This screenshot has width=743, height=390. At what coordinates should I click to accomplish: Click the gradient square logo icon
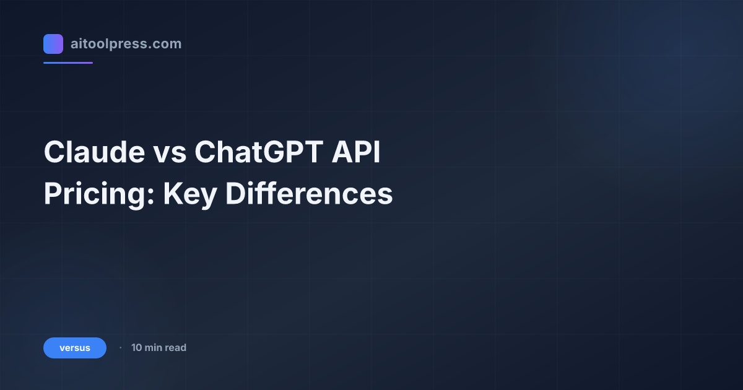(x=53, y=44)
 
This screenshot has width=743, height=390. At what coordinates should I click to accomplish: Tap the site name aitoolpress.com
(x=126, y=44)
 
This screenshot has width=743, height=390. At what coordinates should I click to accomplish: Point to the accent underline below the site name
(x=68, y=63)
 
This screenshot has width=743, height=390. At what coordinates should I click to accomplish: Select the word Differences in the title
(x=308, y=194)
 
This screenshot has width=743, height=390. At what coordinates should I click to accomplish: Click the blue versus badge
(x=75, y=348)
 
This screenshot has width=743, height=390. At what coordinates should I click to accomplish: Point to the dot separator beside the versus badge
(x=120, y=348)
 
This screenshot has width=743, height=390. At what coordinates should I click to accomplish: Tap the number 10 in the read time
(x=137, y=348)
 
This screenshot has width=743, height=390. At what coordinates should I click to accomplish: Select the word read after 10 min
(x=176, y=348)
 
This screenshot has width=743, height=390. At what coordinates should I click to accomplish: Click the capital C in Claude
(x=54, y=153)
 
